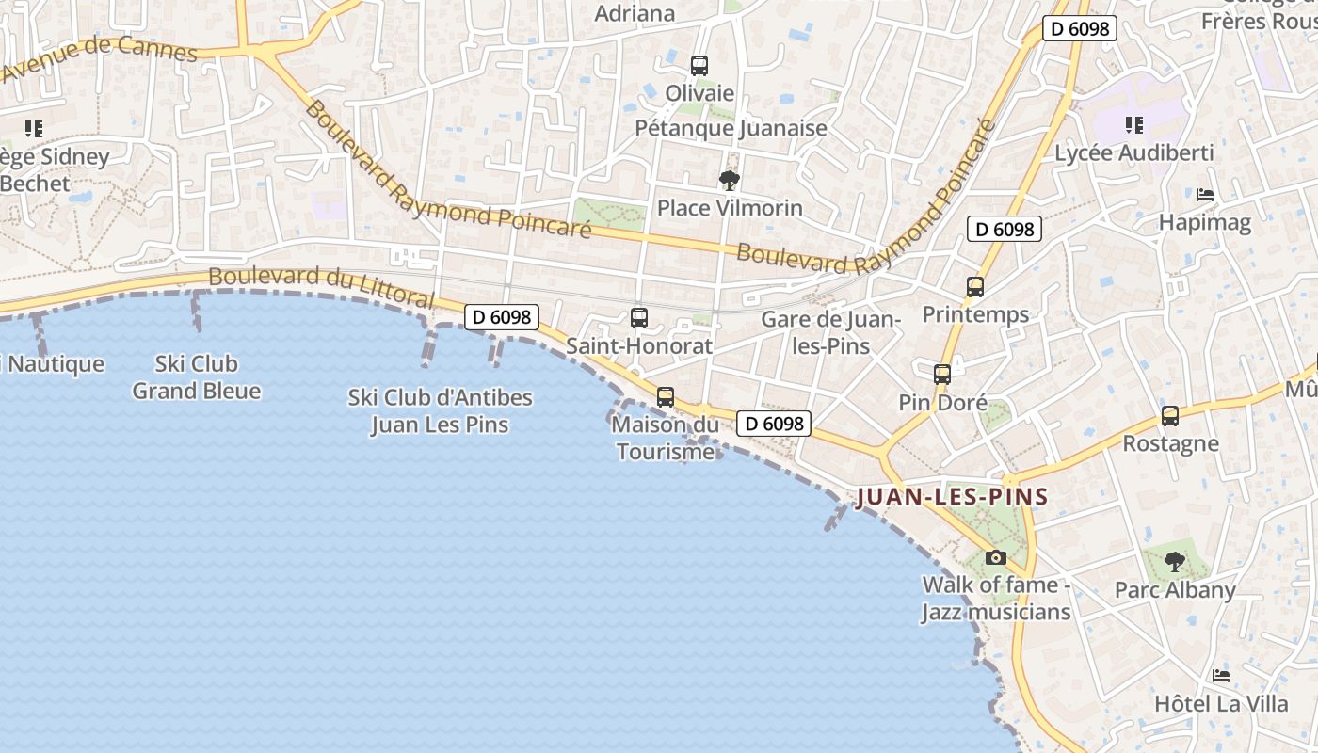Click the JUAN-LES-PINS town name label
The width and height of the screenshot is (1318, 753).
coord(952,496)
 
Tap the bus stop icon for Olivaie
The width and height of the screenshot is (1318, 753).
coord(699,65)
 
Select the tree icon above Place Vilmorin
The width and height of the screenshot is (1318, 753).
coord(729,179)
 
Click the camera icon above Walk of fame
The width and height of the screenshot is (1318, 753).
coord(995,557)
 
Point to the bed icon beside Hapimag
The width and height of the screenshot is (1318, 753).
coord(1204,195)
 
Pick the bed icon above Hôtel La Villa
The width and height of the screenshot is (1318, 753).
coord(1221,675)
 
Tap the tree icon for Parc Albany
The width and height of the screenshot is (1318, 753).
coord(1174,562)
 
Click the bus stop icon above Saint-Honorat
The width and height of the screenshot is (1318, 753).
coord(639,318)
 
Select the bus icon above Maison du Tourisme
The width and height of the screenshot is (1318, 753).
coord(666,397)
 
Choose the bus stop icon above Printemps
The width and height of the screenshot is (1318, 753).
coord(975,287)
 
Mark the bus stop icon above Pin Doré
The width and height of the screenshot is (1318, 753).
coord(942,375)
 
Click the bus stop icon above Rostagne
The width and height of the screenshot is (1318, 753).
coord(1170,416)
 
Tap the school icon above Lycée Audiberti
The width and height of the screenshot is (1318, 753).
coord(1134,125)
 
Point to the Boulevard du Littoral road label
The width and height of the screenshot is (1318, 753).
coord(321,286)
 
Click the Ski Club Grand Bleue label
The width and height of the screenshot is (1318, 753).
coord(196,376)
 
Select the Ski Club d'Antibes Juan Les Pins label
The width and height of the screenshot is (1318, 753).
coord(440,410)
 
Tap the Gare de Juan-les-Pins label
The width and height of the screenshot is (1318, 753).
coord(830,332)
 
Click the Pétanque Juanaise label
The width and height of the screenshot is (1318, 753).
coord(731,128)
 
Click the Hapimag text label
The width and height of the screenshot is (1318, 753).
coord(1204,223)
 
